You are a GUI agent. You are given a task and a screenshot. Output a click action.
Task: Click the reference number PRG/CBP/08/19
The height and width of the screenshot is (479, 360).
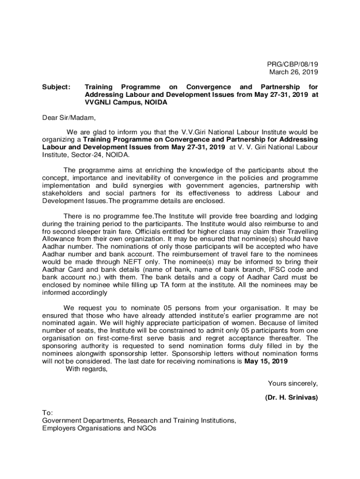(x=293, y=64)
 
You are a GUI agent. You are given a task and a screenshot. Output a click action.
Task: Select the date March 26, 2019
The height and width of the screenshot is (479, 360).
(x=293, y=72)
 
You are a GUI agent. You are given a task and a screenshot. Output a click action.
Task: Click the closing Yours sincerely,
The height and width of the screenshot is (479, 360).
(x=293, y=384)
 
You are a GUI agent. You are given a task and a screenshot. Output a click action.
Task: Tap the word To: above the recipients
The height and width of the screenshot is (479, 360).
(x=48, y=413)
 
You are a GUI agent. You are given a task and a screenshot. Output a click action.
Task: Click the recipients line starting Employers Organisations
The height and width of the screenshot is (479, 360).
(x=100, y=428)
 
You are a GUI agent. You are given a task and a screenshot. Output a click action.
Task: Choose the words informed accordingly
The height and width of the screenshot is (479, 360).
(x=75, y=293)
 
